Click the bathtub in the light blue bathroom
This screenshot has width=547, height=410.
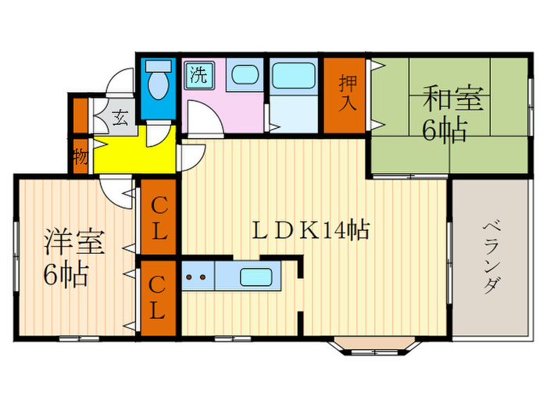(x=293, y=78)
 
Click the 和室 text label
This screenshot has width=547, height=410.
(x=454, y=100)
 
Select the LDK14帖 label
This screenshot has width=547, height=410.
(x=309, y=231)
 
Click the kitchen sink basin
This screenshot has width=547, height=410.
(x=256, y=276)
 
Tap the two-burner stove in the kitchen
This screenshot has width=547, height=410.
(x=197, y=276)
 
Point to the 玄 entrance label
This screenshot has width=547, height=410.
(x=120, y=119)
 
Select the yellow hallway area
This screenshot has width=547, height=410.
(x=133, y=155)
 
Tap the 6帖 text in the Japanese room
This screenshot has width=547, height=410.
(x=445, y=130)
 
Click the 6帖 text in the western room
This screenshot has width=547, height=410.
(x=66, y=275)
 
